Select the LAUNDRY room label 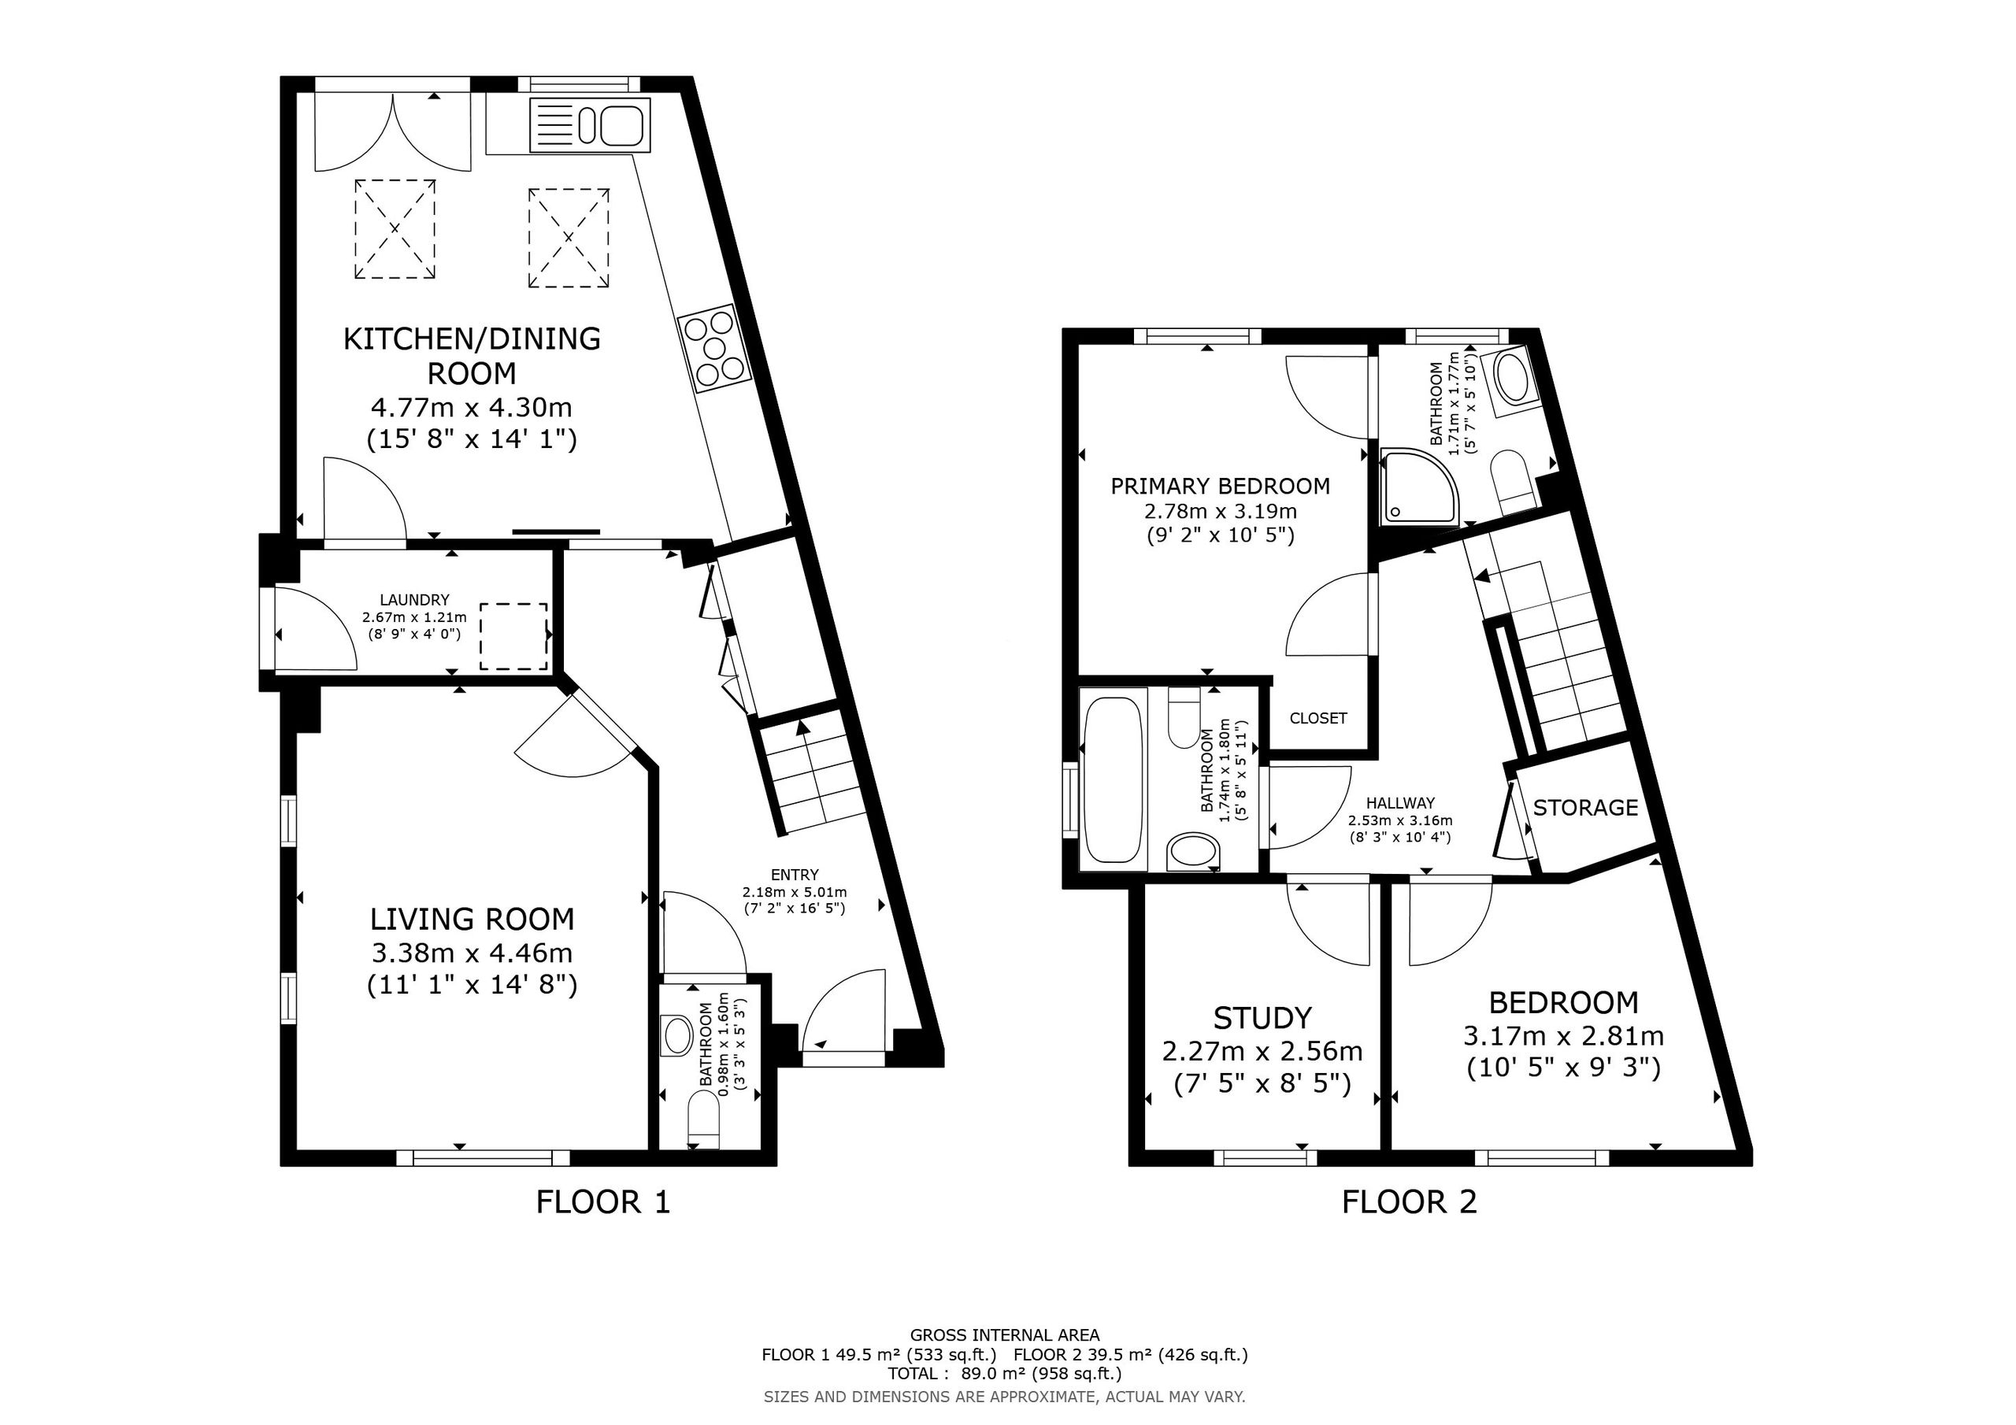[414, 600]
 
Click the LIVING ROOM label [472, 920]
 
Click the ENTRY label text [795, 875]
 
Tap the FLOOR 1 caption [603, 1202]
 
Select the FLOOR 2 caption [1410, 1202]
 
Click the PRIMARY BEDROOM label [1221, 486]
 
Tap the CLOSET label [1318, 718]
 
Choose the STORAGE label [1586, 807]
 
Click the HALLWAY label [1400, 802]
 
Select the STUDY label [1262, 1018]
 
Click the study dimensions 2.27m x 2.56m [1262, 1051]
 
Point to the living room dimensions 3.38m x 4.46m [472, 953]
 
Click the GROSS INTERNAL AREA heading [1005, 1335]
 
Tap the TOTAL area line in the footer [1005, 1373]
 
